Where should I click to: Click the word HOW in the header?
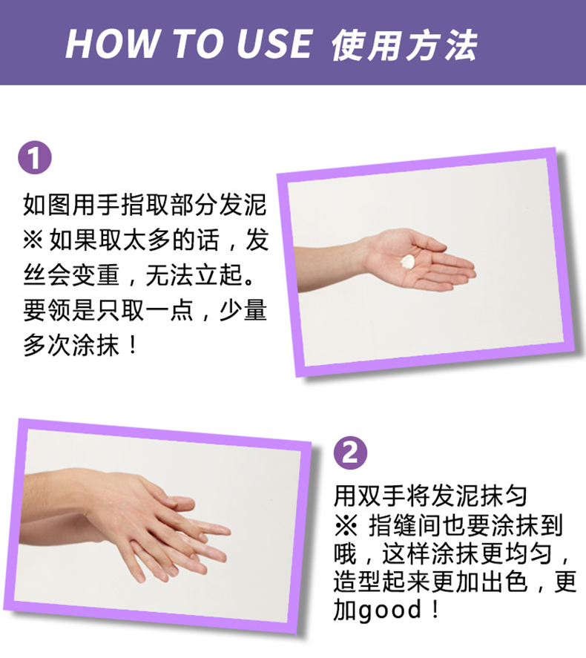click(112, 44)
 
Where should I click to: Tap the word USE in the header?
click(274, 44)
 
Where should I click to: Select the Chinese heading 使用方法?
click(404, 45)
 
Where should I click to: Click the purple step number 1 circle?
click(35, 157)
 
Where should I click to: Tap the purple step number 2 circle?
click(350, 453)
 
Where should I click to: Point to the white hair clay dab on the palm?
click(408, 261)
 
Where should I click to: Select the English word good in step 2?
click(389, 609)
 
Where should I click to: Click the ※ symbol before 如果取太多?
click(33, 240)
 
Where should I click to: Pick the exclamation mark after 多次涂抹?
click(133, 345)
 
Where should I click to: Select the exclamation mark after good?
click(435, 609)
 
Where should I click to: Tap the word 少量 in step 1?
click(243, 310)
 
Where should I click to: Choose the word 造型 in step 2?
click(358, 582)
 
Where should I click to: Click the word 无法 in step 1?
click(169, 275)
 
